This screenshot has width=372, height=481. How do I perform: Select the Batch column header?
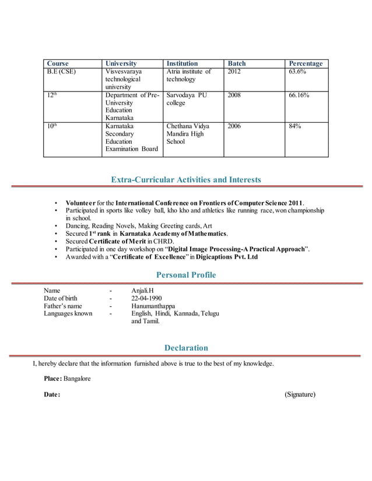[237, 63]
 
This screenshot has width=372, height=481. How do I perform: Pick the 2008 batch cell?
[234, 95]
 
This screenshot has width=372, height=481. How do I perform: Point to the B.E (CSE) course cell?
[61, 72]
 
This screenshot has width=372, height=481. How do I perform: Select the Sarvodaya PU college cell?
[187, 99]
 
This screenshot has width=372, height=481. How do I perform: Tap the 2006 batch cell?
[234, 126]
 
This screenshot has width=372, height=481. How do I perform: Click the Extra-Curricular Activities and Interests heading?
[186, 179]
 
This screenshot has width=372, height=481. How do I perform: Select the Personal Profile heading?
[186, 275]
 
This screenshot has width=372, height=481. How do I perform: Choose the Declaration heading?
[186, 348]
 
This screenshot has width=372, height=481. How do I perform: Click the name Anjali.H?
[143, 290]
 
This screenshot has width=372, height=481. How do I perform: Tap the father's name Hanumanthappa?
[153, 306]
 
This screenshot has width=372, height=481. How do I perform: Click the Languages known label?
[68, 314]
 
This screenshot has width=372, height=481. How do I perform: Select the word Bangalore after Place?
[77, 379]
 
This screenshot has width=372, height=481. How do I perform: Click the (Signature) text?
[300, 395]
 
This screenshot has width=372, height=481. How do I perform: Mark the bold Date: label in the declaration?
[52, 395]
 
